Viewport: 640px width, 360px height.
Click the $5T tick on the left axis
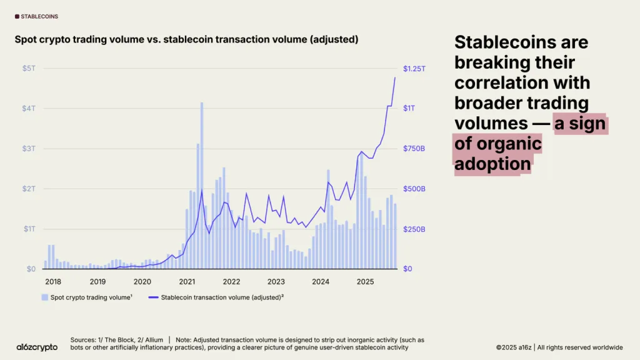point(29,68)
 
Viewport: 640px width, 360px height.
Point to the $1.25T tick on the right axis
point(415,68)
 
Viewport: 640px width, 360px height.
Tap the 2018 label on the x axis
point(52,282)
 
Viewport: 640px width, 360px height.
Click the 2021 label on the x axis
point(187,282)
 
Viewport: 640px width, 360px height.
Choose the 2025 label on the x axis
point(365,282)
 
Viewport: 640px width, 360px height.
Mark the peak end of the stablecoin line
point(395,77)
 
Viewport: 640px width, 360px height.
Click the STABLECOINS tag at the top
point(39,16)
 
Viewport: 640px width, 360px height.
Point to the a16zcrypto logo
point(37,347)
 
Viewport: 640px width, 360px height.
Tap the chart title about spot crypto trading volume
point(186,39)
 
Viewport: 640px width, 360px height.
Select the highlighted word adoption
point(492,164)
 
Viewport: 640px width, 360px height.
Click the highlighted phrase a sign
point(580,124)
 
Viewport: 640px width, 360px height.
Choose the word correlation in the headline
point(522,83)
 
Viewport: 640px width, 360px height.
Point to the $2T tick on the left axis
point(29,189)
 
